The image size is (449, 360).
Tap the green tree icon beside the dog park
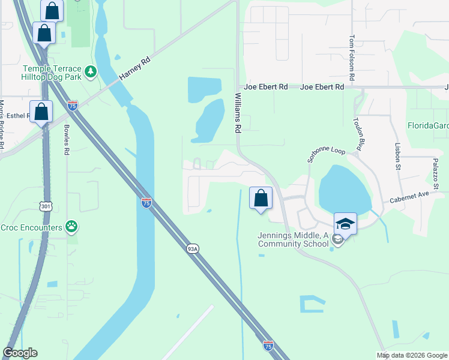(x=91, y=73)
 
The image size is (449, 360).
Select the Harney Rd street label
(x=134, y=69)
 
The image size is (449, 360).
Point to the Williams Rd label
(x=238, y=112)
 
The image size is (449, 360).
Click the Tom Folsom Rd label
(x=352, y=58)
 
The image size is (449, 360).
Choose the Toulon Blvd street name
(x=358, y=134)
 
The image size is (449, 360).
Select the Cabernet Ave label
(x=409, y=198)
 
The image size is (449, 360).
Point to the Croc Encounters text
(x=31, y=227)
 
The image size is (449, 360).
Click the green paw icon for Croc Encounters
(x=72, y=227)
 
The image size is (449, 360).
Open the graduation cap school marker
(x=345, y=224)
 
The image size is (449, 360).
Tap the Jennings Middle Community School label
(x=294, y=240)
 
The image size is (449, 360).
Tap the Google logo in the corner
(x=20, y=353)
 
